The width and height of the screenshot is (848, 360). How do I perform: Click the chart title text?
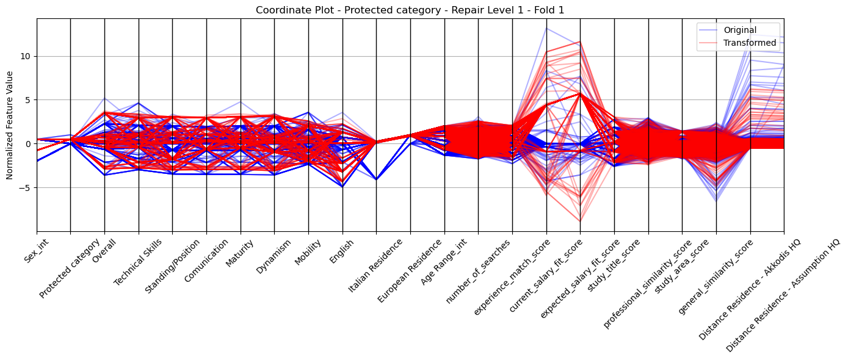click(x=410, y=10)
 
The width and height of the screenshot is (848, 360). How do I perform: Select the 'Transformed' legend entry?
click(x=750, y=43)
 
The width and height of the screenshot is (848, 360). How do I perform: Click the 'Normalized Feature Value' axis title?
click(x=10, y=125)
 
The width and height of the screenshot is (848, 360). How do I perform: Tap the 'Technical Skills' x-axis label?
click(x=137, y=262)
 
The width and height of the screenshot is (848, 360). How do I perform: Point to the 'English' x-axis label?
click(x=341, y=251)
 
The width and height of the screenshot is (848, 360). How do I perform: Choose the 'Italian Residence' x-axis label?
click(x=375, y=266)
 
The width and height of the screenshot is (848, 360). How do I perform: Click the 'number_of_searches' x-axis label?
click(x=478, y=271)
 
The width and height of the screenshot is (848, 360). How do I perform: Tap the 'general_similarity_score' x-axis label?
click(x=716, y=276)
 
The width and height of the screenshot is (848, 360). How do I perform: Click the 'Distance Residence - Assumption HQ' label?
click(x=783, y=295)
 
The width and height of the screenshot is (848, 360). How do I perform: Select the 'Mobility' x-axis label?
click(x=308, y=252)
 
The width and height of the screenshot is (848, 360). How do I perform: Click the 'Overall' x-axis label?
click(x=104, y=251)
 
